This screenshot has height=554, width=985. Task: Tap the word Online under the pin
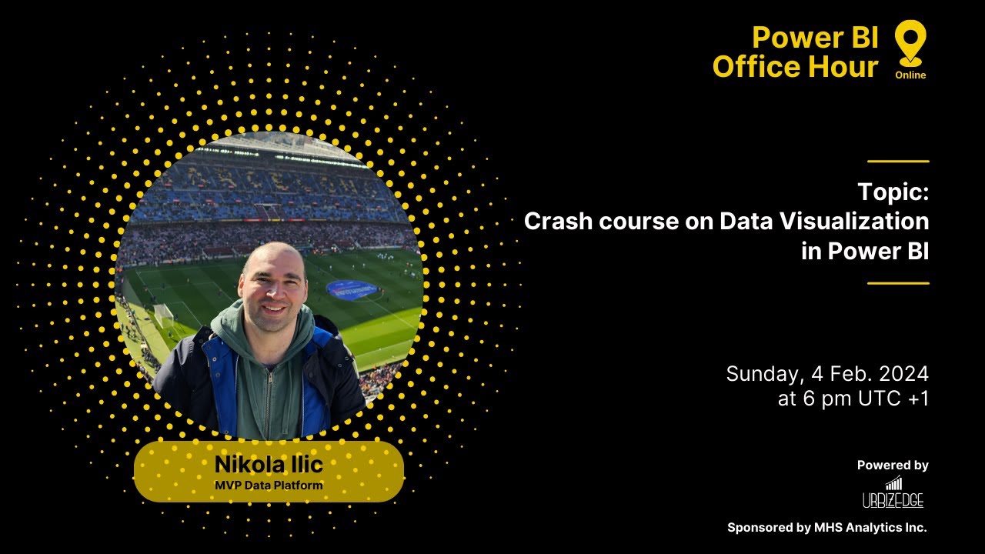click(x=910, y=75)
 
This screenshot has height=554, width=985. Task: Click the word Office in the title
click(x=755, y=67)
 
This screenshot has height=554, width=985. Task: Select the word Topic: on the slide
click(x=893, y=192)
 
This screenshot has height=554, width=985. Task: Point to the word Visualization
click(x=854, y=222)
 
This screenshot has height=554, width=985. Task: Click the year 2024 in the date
click(x=901, y=374)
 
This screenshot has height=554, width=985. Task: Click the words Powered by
click(x=893, y=466)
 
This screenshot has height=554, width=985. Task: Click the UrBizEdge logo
click(x=893, y=493)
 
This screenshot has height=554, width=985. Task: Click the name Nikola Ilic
click(x=269, y=465)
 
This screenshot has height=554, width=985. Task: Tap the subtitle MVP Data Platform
click(x=269, y=485)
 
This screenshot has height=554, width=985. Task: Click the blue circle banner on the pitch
click(x=352, y=289)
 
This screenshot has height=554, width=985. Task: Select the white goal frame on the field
click(x=163, y=312)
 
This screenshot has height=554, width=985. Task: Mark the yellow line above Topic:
click(x=898, y=162)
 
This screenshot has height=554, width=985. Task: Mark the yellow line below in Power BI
click(x=898, y=283)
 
